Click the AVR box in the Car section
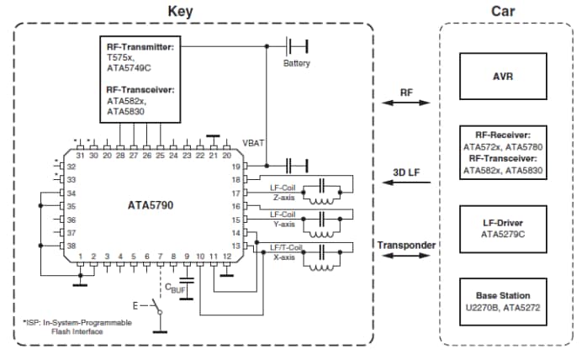503,75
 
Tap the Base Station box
503,300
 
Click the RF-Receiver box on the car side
503,151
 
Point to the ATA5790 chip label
151,205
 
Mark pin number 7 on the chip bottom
161,256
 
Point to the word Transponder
406,246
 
